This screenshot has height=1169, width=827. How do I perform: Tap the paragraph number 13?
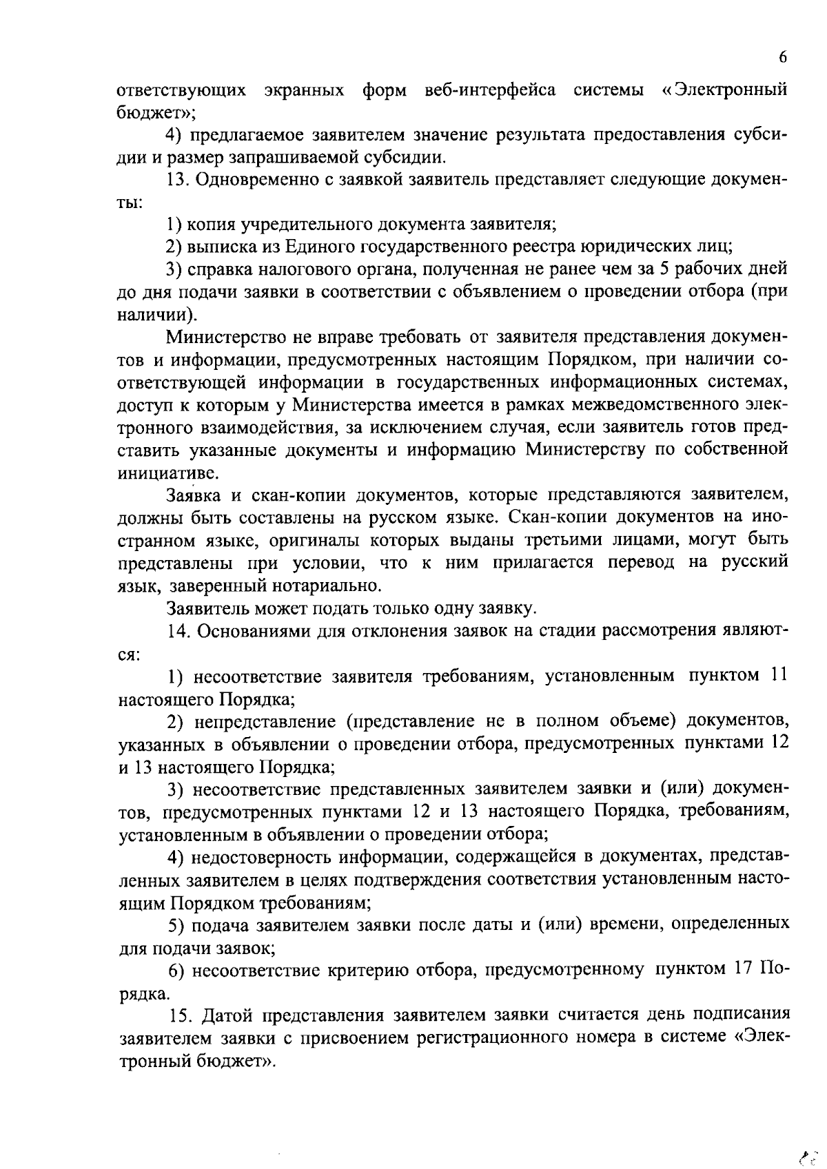click(178, 180)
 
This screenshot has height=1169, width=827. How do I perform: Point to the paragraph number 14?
click(178, 631)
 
